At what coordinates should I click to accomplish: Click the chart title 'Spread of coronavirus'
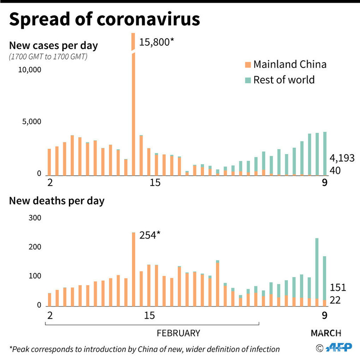click(x=104, y=20)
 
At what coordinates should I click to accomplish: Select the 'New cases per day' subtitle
click(x=53, y=45)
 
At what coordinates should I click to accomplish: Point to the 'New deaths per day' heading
click(x=57, y=201)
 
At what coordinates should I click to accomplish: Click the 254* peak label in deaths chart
click(x=149, y=235)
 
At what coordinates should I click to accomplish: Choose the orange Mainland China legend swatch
click(x=247, y=65)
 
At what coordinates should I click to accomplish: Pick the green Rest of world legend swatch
click(x=247, y=80)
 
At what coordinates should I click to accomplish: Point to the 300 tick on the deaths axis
click(x=35, y=218)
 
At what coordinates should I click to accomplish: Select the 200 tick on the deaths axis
click(x=35, y=247)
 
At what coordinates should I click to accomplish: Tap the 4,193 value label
click(x=342, y=159)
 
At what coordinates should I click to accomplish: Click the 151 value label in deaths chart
click(x=338, y=288)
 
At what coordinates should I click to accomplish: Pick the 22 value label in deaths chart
click(x=335, y=301)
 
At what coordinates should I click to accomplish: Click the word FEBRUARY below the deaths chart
click(x=179, y=333)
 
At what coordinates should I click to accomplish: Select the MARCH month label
click(x=326, y=333)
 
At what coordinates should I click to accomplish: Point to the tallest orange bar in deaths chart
click(x=133, y=269)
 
